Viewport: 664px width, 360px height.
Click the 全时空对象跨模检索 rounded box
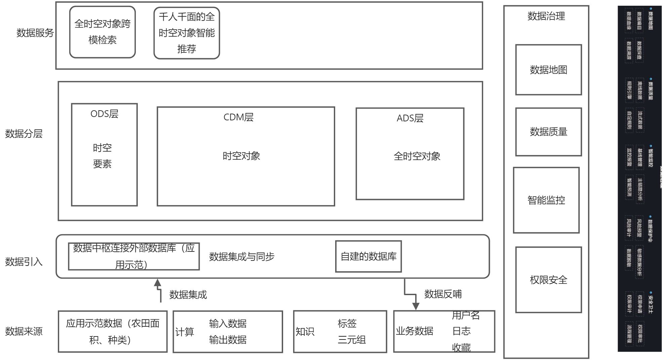(102, 32)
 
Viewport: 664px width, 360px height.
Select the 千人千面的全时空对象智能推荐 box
(187, 33)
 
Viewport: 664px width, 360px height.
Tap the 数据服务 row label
(35, 33)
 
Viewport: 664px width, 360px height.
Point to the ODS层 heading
(104, 114)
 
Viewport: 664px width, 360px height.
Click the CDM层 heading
(238, 117)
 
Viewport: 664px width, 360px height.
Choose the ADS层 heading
(410, 118)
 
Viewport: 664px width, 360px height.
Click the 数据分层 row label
(24, 134)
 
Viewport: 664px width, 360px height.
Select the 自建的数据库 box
(368, 256)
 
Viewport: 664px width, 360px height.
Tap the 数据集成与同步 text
(242, 257)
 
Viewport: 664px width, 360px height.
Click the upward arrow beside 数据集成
(158, 284)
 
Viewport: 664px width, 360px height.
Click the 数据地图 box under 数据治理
(548, 70)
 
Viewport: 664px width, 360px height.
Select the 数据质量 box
(548, 132)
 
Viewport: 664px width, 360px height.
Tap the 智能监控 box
(546, 200)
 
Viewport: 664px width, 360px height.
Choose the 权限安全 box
(548, 280)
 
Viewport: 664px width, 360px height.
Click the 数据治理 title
(546, 16)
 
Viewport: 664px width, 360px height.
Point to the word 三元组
(351, 340)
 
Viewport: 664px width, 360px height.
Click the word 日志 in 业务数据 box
(461, 331)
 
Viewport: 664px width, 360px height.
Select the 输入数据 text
(228, 324)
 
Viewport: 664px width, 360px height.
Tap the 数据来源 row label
(24, 331)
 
